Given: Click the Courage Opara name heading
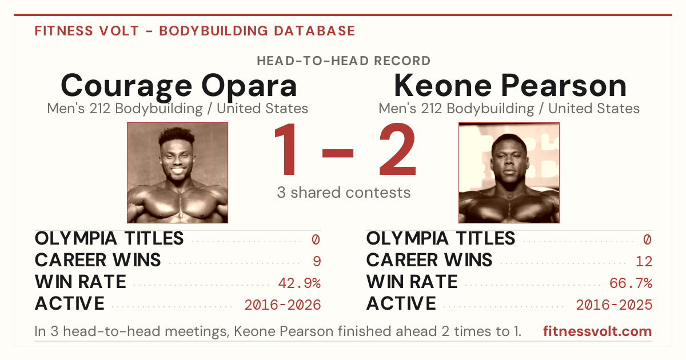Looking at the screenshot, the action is pos(178,86).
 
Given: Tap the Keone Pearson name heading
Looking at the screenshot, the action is pos(510,86).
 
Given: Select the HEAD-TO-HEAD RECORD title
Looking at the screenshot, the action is pos(344,61).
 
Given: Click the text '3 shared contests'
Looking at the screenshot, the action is pos(344,193).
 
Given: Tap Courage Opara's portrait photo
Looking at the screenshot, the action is pos(177,173).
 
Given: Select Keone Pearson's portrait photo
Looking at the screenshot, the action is pos(509,173).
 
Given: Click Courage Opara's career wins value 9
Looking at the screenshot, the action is pos(317,262).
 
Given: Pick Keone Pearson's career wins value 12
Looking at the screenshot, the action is pos(644,262).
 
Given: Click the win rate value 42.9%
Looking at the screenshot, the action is pos(299,283).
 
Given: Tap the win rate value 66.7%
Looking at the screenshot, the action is pos(631,283).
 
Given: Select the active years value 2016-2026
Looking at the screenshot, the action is pos(282,305).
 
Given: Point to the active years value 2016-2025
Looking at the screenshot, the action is pos(614,305).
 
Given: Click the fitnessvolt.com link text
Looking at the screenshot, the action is pos(597,331).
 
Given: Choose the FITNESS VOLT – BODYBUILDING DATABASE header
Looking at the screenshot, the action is pos(195,31).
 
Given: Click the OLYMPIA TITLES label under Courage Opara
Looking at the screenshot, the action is pos(109,238).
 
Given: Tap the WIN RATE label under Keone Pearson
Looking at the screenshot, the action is pos(412,282).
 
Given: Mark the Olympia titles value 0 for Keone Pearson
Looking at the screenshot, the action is pos(647,239).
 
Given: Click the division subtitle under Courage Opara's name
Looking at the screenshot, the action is pos(178,109).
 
